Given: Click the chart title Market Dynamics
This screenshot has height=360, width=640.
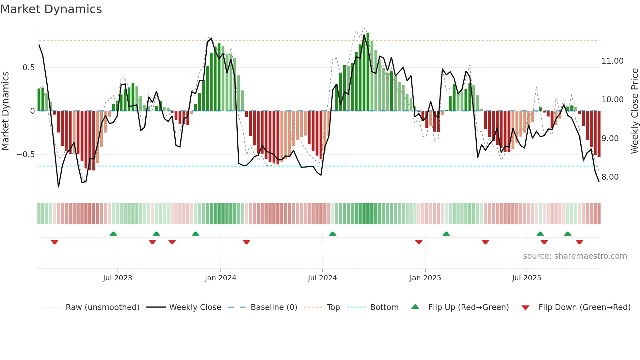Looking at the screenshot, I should point(51,9).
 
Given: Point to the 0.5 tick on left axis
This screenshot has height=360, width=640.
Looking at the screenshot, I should point(28,68).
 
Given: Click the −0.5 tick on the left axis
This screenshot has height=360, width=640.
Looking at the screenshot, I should point(25,154).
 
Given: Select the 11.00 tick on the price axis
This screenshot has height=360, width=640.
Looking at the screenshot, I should point(612,61).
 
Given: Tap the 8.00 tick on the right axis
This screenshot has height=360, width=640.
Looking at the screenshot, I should point(610,177).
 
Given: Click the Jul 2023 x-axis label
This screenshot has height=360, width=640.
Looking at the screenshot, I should point(118,278).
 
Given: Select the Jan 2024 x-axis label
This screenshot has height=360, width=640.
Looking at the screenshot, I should point(220,278).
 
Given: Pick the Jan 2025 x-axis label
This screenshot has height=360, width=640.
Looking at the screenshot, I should point(425,278).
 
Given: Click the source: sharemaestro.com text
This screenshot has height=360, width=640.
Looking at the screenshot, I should point(575,256).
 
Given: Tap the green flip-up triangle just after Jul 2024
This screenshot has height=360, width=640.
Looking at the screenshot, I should point(332,234).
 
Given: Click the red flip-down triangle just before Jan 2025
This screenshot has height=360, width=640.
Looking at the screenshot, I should point(419,242).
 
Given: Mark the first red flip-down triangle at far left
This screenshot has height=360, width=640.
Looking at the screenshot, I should point(55,242).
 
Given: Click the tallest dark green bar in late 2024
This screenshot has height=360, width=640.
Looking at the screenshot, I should point(368,72).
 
